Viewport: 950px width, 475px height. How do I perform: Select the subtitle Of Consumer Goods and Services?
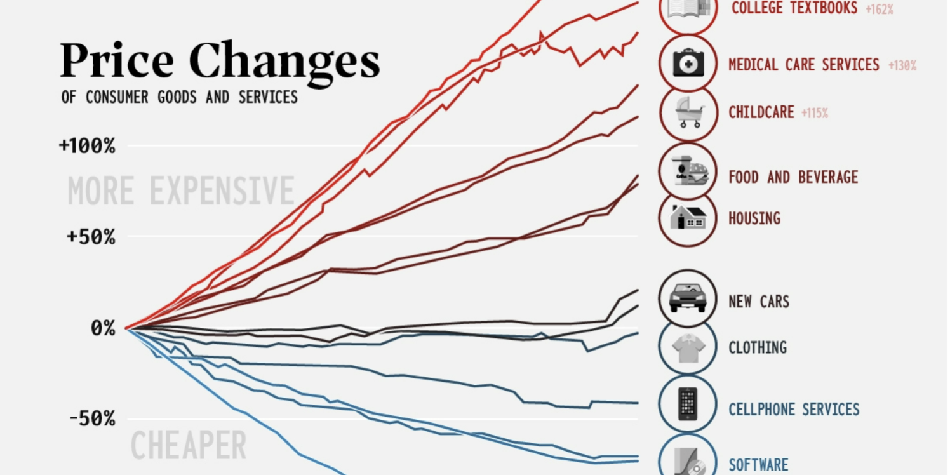180,97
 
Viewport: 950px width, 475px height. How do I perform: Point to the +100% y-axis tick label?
87,146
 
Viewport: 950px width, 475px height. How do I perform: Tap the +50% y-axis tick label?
91,237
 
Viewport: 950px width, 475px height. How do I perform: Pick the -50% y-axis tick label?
92,419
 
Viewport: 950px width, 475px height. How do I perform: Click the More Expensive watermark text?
181,191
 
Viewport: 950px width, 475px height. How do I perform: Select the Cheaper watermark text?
189,446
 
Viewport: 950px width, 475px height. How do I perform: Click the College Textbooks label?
794,8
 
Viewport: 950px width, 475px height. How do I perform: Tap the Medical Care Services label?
804,65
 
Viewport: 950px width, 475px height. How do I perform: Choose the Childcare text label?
761,113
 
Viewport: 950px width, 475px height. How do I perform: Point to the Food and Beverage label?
793,177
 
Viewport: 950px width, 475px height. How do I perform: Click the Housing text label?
754,218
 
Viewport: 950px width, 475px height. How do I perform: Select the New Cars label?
759,301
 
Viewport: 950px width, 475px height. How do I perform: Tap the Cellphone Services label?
794,410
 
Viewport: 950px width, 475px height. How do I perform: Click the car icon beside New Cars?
688,298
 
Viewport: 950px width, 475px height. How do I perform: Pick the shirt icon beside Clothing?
688,348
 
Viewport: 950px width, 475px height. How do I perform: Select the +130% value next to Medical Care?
902,65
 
